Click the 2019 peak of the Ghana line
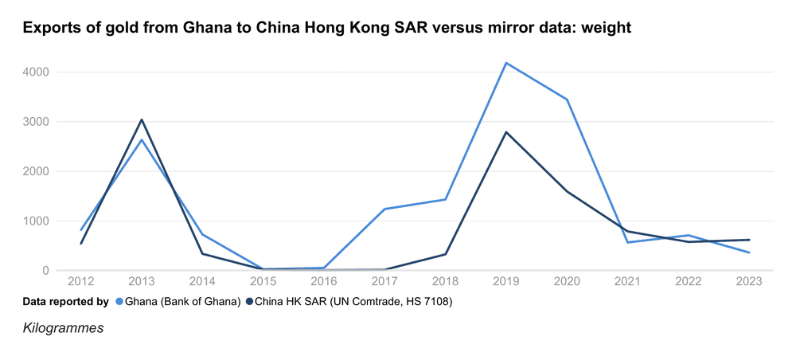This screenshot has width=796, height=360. point(506,63)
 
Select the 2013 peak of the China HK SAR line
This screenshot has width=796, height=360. point(142,119)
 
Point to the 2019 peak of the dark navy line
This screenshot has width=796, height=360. point(506,132)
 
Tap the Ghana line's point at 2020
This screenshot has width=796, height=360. point(567,100)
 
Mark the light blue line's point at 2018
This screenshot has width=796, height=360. point(446,199)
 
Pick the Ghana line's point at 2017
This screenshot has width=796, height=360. point(384,209)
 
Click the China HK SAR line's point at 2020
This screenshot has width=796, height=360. point(567,191)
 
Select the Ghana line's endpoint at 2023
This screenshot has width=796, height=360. point(749,252)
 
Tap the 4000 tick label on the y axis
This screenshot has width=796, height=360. point(36,72)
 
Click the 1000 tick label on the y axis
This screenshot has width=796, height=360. point(36,221)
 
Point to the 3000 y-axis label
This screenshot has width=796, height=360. point(36,122)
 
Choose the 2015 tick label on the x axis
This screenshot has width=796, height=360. point(263,282)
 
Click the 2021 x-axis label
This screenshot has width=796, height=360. point(627,282)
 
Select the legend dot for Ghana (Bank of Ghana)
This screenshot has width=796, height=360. point(119,302)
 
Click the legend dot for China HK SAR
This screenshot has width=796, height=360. point(249,302)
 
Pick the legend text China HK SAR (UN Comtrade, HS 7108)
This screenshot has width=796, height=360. point(353,302)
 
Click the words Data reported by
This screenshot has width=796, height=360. point(65,302)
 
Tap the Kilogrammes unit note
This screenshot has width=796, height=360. point(62,327)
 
